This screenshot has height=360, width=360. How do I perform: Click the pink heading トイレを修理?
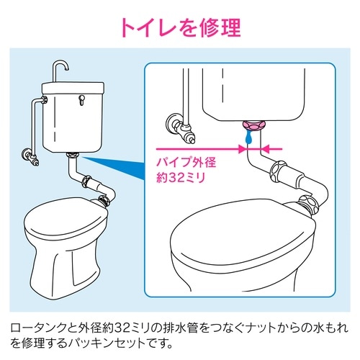coord(179,27)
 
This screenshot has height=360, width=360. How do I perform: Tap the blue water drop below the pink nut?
coord(248,136)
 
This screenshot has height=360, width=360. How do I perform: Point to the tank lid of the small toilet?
coord(73,90)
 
